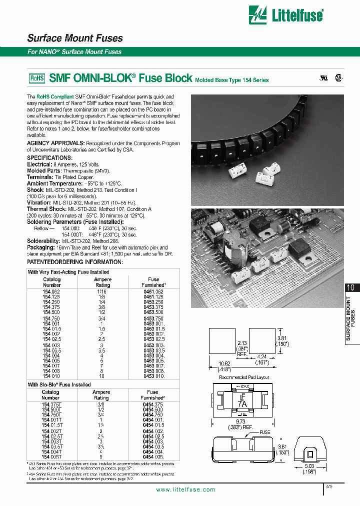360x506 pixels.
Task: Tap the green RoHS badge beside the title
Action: pos(37,78)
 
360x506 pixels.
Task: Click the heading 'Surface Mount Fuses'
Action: pos(74,38)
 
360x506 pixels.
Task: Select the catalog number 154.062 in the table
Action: pos(51,290)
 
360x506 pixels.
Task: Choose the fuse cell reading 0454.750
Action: pos(153,414)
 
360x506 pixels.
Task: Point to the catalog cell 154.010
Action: pos(51,376)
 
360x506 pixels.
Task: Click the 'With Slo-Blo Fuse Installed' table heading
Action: pos(59,384)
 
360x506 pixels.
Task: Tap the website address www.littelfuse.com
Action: pos(185,489)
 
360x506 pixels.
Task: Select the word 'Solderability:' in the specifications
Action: pos(44,240)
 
